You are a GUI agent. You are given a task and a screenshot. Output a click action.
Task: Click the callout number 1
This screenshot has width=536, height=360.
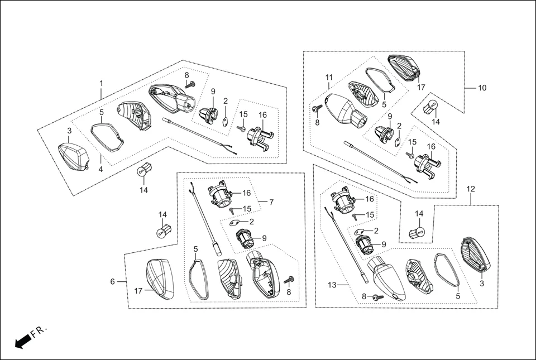coord(101,83)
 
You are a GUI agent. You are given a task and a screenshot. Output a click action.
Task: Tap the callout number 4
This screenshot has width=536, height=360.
coord(100,169)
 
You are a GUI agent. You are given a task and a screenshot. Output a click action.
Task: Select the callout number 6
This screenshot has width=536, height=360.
coord(112,282)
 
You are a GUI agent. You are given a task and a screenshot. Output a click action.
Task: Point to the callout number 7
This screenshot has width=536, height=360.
coord(271,201)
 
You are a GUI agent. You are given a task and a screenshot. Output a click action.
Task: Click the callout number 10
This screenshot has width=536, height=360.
coord(482,88)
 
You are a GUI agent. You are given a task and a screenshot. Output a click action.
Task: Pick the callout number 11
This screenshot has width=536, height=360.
coord(329,77)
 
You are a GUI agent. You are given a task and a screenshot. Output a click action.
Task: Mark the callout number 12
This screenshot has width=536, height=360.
coord(471,189)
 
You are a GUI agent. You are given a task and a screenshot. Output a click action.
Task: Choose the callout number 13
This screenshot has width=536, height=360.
coord(332,285)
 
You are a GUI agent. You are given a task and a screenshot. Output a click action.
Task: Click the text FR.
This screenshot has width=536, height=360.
coord(39,333)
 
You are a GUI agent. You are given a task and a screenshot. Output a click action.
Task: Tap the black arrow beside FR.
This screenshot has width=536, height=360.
coord(22,342)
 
